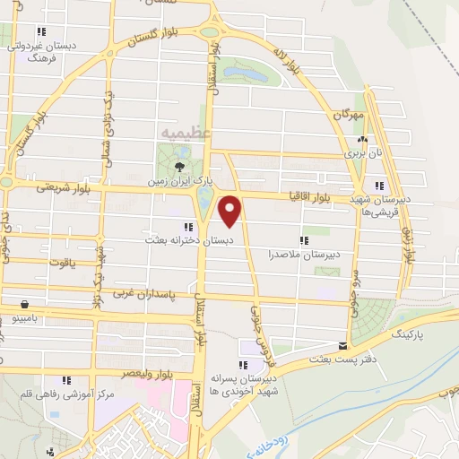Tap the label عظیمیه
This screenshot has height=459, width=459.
(186, 133)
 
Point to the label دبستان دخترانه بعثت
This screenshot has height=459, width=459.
(190, 241)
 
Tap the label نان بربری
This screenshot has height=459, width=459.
(365, 153)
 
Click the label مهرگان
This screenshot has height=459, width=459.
(351, 116)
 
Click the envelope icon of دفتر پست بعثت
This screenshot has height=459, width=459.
(342, 345)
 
